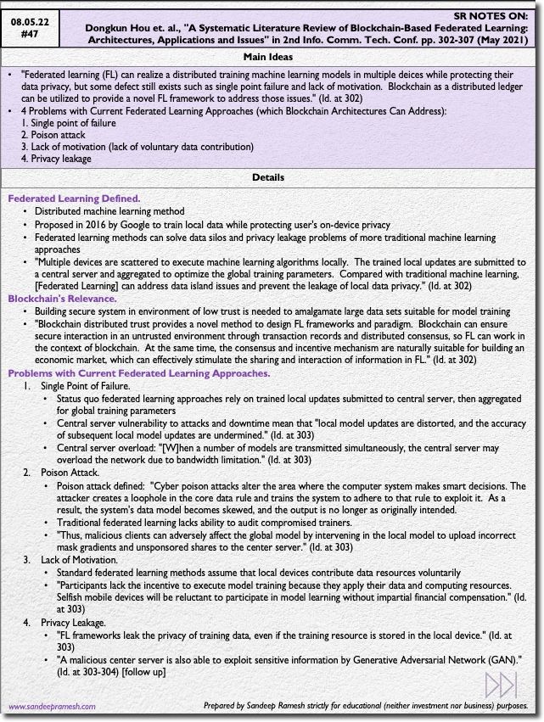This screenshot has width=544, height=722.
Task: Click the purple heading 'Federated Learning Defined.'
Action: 74,198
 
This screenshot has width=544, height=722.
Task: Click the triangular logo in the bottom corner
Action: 501,685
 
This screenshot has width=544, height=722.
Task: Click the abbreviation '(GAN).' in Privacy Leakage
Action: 505,659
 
